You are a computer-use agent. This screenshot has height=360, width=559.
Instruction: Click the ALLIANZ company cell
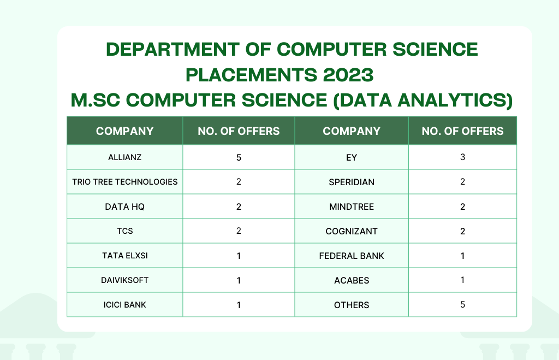coord(125,157)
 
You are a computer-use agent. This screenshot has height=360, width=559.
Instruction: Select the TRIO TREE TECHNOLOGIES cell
coord(125,182)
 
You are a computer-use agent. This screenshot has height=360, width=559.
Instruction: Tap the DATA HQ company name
coord(125,206)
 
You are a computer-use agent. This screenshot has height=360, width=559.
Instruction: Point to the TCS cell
coord(125,231)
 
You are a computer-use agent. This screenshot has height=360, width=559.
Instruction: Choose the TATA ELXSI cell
coord(125,256)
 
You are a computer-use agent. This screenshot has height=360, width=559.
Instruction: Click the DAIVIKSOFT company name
coord(125,280)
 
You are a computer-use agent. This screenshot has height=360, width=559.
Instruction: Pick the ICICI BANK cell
coord(125,305)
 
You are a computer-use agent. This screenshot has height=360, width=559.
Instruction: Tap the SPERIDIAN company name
coord(352,182)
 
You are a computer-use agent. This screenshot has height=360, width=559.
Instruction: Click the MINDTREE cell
coord(352,207)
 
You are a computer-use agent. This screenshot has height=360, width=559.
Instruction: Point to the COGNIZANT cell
coord(352,232)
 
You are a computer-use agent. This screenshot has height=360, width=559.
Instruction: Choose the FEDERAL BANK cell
coord(352,256)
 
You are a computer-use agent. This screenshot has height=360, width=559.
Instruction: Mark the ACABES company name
coord(352,280)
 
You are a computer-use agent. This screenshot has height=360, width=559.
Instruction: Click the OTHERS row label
coord(352,305)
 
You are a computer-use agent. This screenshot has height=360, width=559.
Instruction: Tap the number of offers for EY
coord(463,157)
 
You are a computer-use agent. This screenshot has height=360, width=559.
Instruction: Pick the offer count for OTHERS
coord(463,305)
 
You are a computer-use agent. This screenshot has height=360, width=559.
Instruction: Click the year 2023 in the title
coord(348,75)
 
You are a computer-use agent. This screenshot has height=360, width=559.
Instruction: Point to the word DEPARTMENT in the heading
coord(173,49)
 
